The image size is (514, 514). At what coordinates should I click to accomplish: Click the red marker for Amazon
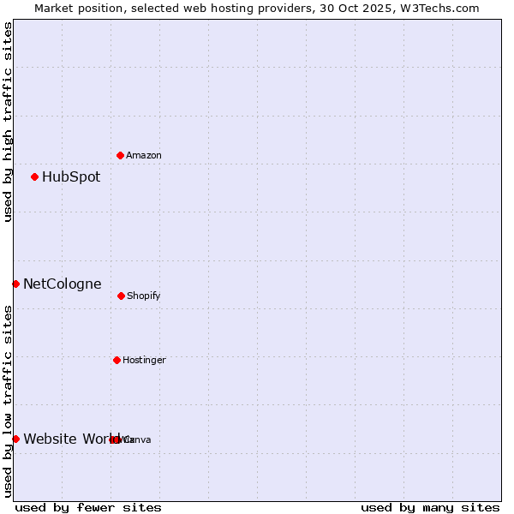(x=120, y=155)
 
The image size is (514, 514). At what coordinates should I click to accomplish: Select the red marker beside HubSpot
(x=34, y=176)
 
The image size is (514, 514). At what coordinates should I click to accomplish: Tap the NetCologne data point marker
(x=15, y=284)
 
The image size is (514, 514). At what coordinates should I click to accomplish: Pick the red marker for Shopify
(x=121, y=296)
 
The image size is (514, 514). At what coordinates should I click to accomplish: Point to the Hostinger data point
(x=117, y=360)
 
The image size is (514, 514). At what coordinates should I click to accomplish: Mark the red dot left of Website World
(x=15, y=439)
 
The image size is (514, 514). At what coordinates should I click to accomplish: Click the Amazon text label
(x=144, y=156)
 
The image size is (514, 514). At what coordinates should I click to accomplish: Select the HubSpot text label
(x=71, y=177)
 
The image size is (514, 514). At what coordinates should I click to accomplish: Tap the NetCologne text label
(x=63, y=284)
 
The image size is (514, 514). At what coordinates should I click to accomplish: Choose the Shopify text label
(x=144, y=296)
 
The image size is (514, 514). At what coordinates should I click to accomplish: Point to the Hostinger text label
(x=144, y=361)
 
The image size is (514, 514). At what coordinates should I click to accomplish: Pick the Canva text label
(x=138, y=440)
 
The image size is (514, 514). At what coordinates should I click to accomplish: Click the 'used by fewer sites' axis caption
(x=88, y=508)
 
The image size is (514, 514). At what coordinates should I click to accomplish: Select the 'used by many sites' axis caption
(x=430, y=508)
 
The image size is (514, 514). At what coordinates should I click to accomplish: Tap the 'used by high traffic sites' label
(x=8, y=122)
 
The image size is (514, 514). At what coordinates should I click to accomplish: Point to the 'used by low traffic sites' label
(x=8, y=401)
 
